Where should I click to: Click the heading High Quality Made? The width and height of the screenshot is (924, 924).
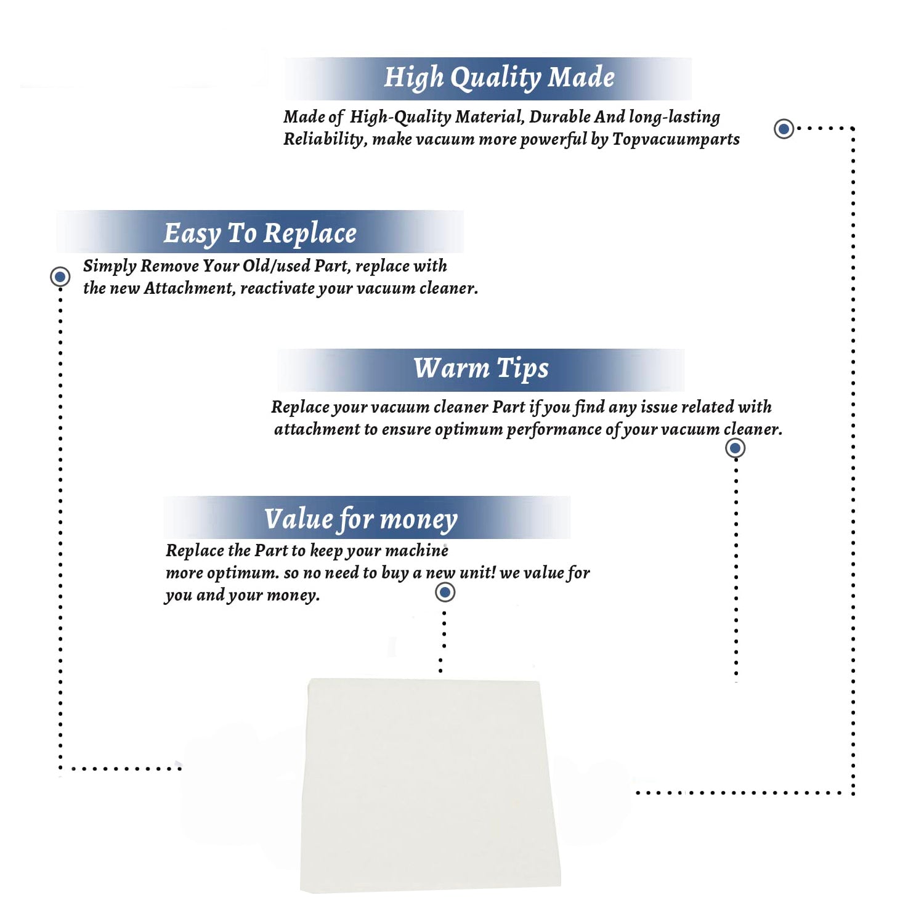(499, 78)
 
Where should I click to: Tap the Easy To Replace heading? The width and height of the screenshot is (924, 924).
(260, 233)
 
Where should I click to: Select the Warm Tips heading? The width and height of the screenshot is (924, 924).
(480, 368)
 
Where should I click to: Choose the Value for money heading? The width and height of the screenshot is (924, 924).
(361, 519)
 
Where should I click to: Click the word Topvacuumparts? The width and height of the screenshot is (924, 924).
(676, 139)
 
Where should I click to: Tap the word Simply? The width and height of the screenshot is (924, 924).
(109, 266)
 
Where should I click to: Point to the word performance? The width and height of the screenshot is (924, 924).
(553, 429)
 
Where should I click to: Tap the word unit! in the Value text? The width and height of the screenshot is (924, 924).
(478, 573)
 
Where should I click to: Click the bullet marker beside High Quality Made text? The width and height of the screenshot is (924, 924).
(784, 129)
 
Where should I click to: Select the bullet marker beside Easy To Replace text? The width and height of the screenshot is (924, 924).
(60, 277)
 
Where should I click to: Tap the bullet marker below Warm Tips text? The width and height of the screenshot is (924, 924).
(735, 448)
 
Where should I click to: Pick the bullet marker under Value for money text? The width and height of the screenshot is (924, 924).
(445, 593)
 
